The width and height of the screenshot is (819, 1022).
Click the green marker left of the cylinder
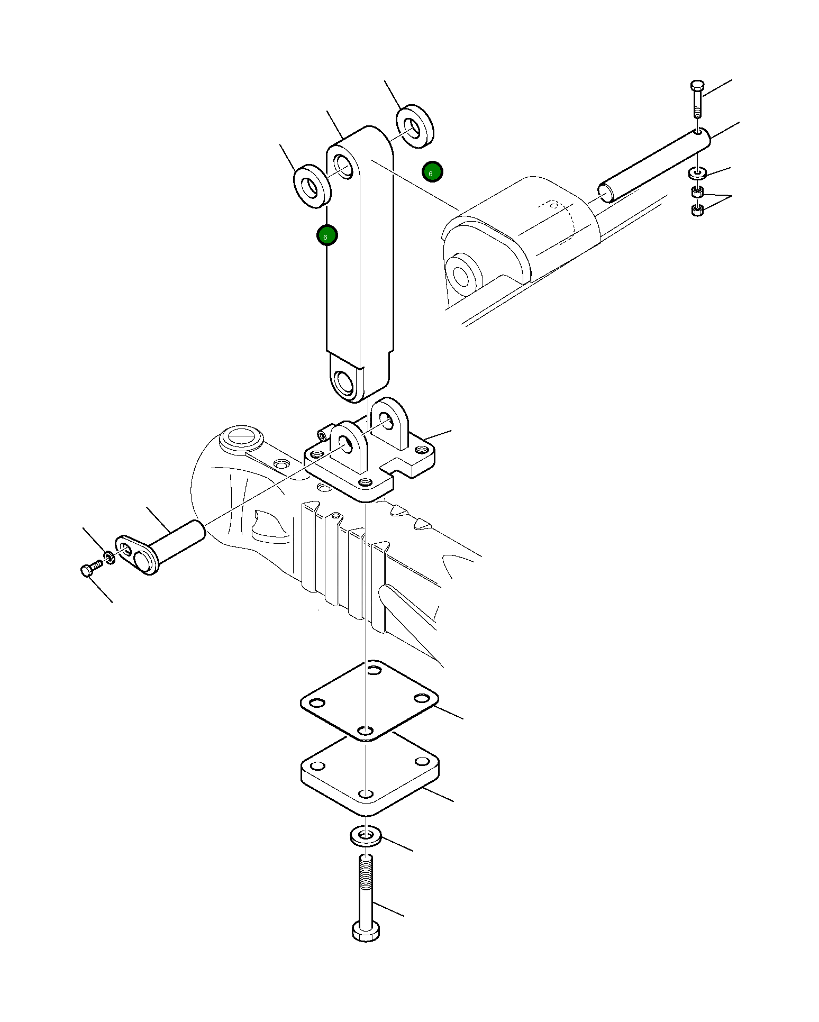327,235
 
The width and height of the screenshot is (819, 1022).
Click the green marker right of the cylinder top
432,172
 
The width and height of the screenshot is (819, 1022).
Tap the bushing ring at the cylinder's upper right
415,126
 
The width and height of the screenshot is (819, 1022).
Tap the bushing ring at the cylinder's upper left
312,186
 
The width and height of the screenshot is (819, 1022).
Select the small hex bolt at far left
90,570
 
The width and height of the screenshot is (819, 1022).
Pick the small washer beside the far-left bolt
109,558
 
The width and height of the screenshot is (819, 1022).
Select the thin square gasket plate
369,699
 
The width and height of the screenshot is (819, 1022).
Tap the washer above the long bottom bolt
366,836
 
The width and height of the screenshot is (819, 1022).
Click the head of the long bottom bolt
366,930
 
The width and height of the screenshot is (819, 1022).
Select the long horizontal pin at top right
654,166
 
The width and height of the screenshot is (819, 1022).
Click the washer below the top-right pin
697,172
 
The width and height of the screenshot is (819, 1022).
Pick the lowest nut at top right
697,211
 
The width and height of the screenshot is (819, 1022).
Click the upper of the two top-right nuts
697,191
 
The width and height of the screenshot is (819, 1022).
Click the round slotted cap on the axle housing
241,439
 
